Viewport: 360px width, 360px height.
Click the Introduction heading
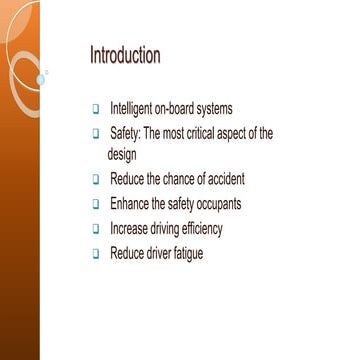point(125,54)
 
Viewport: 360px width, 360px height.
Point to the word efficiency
point(199,229)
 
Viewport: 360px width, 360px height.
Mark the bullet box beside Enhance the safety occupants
point(96,205)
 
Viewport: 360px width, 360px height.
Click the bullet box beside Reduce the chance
point(96,180)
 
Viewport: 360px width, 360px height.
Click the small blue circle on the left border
point(41,78)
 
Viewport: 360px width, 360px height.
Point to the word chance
point(190,179)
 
